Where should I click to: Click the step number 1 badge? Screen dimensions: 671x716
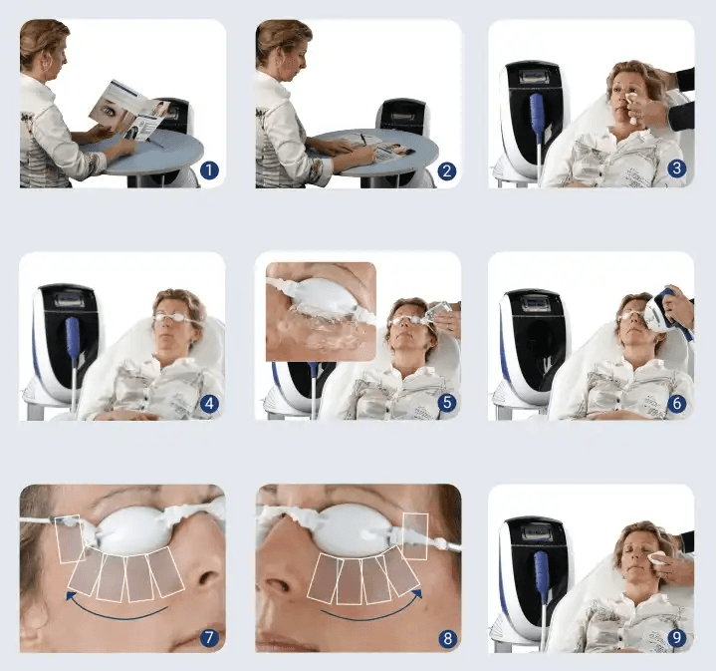(x=208, y=170)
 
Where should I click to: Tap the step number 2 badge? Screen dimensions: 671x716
(x=446, y=170)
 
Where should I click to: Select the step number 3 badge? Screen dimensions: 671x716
(x=678, y=169)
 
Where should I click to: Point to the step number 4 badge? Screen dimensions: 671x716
(x=208, y=403)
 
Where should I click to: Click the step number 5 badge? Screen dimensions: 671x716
(x=446, y=403)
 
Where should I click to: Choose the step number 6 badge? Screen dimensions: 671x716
(x=678, y=403)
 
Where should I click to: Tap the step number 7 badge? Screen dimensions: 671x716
(x=208, y=635)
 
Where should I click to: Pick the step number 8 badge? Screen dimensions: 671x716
(x=446, y=635)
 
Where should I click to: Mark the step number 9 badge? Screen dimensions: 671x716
(x=678, y=635)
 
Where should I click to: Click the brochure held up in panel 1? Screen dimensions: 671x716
(x=124, y=108)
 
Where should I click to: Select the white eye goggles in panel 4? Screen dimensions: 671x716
(x=171, y=320)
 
